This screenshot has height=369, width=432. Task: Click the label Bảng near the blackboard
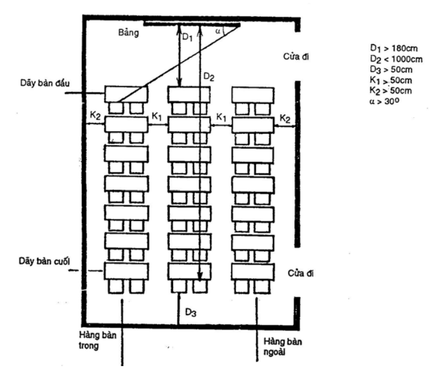coord(128,32)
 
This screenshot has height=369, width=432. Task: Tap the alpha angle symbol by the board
coord(218,31)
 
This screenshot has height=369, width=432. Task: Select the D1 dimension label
coord(188,37)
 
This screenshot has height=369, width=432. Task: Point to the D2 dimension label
coord(208,77)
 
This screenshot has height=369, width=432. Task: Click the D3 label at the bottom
coord(190,312)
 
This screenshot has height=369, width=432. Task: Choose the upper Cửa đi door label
coord(296,56)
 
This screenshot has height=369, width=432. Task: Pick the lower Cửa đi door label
coord(300,273)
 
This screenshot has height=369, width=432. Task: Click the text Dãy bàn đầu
coord(45,83)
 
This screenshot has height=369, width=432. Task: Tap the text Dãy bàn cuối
coord(44,261)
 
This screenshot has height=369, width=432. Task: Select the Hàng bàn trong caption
coord(98,341)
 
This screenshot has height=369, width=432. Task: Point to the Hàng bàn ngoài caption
coord(283,347)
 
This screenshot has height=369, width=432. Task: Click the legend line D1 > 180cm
coord(394,49)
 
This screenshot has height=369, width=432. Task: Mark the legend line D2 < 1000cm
coord(396,59)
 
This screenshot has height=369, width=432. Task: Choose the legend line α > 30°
coord(384,102)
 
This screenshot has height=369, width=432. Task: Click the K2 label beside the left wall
coord(95,115)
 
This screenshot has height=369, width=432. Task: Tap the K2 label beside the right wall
coord(285,118)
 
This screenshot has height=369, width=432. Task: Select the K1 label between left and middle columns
coord(157,117)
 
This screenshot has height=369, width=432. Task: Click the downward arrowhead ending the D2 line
coord(200,276)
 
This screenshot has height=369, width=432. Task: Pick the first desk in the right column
coord(253,95)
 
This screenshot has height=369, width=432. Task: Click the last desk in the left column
coord(126,272)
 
